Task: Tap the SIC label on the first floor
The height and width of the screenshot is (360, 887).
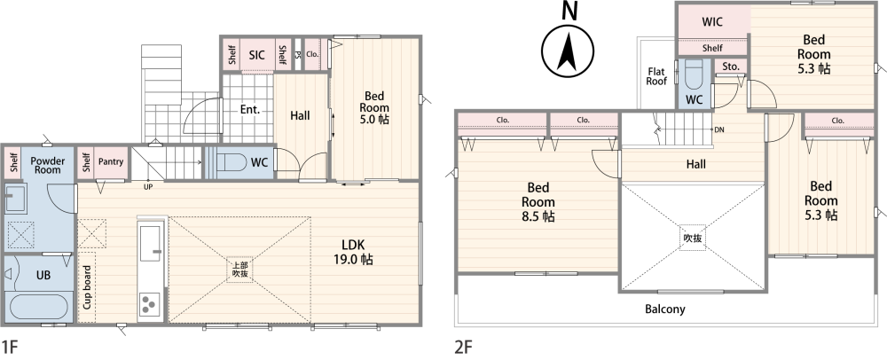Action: click(x=257, y=55)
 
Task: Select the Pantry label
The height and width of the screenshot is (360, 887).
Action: click(x=110, y=161)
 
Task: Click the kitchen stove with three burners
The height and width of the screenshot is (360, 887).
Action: click(x=150, y=304)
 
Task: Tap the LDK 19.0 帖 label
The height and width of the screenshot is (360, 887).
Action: click(x=353, y=252)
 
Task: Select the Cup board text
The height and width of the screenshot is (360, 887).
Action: click(x=88, y=287)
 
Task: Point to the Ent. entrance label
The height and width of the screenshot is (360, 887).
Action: click(x=249, y=110)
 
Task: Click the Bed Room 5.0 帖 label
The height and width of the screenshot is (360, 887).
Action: click(x=374, y=107)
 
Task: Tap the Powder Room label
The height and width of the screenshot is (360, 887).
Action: click(x=48, y=165)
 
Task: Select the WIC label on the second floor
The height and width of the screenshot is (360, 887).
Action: click(x=712, y=22)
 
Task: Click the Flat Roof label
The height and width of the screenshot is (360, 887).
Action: click(x=656, y=76)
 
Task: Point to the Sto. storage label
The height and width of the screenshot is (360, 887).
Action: click(x=731, y=67)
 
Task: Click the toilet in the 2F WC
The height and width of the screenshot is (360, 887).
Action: click(x=695, y=73)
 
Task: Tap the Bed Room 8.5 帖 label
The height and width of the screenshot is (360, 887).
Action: click(x=538, y=202)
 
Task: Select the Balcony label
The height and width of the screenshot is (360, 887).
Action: click(x=665, y=309)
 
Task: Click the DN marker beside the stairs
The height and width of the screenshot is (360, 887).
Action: click(x=719, y=129)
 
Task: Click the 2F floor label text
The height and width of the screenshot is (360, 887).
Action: click(x=463, y=347)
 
